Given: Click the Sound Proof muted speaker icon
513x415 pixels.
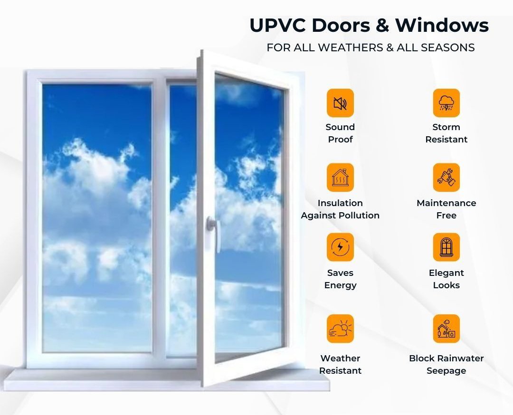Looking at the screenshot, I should pos(340,103).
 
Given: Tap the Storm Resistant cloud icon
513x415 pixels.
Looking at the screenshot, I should pos(446,103).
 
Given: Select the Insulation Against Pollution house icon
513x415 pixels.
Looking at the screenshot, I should pos(340,178).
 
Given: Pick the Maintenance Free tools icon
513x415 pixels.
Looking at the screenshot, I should pos(446,178).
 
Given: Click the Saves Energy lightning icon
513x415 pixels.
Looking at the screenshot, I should pos(340,247).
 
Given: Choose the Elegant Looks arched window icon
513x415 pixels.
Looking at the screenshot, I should pos(446,247).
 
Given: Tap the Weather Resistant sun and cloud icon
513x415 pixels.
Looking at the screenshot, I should pos(340,329).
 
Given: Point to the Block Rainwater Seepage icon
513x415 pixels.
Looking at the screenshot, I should pos(446,329).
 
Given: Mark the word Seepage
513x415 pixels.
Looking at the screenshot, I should pos(446,370).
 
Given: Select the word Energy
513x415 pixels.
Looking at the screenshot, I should pos(340,285).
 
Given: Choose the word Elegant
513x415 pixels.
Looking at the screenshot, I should pos(446,273).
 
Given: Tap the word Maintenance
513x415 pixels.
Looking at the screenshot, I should pos(446,203).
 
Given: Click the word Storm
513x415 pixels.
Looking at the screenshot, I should pos(446,127).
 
